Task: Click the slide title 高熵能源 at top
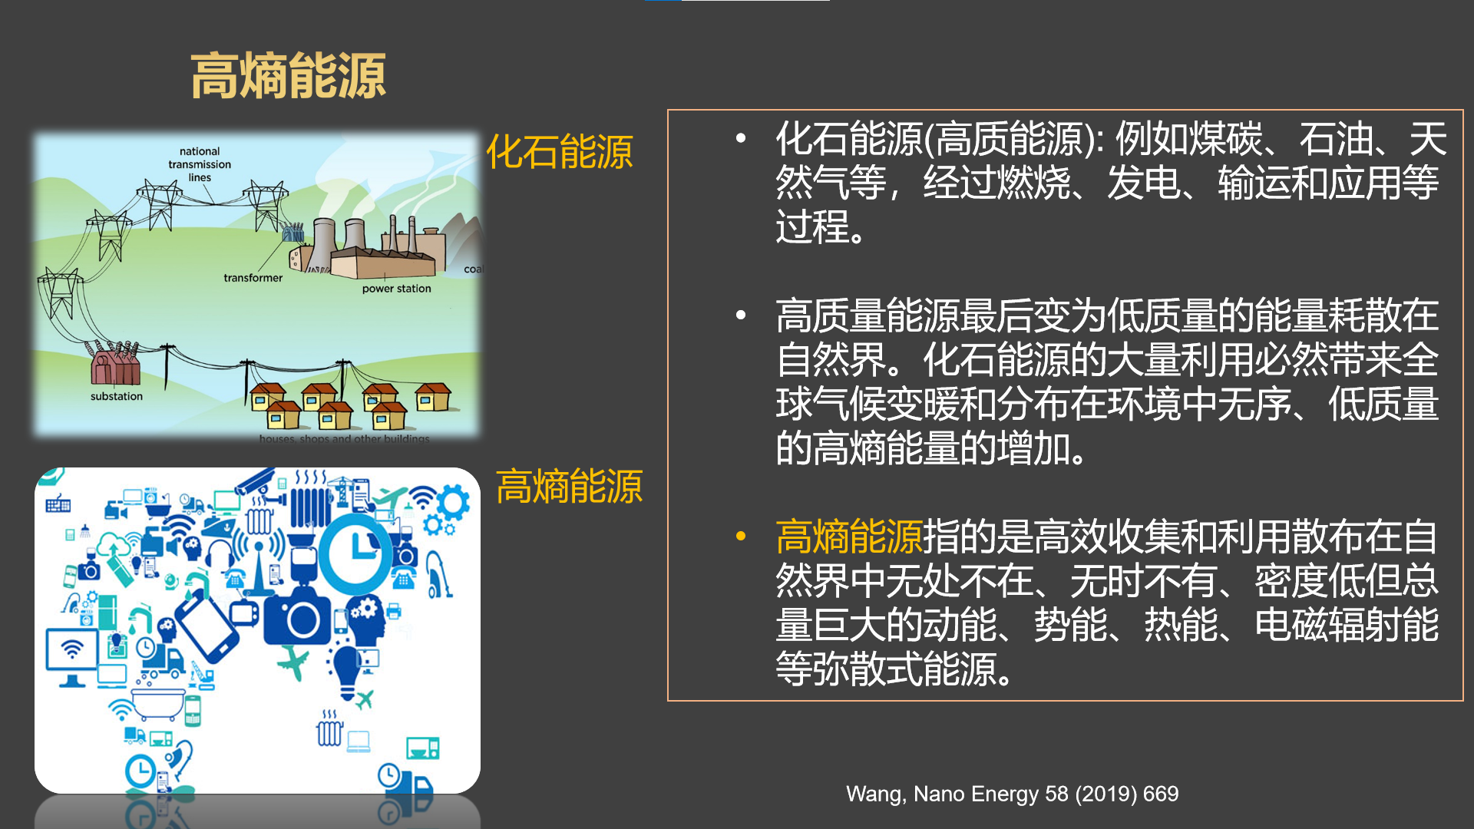tap(288, 77)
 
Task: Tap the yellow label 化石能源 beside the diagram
tap(559, 151)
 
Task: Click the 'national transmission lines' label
tap(200, 164)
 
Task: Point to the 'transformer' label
tap(253, 278)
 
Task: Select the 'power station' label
tap(396, 289)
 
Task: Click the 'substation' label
tap(117, 396)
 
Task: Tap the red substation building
tap(115, 365)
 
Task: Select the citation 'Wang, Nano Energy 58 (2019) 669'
tap(1012, 794)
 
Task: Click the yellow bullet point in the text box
tap(741, 537)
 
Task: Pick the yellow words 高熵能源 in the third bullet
tap(848, 537)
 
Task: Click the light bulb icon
tap(347, 669)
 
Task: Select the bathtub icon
tap(158, 702)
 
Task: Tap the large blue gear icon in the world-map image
tap(453, 503)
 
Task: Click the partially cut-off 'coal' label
tap(473, 269)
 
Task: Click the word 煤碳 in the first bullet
tap(1226, 139)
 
